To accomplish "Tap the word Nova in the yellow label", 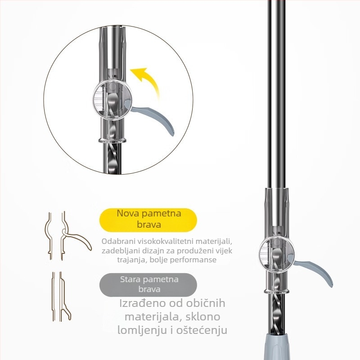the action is [127, 213].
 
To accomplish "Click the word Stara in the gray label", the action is [130, 279].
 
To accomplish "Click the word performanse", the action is [194, 260].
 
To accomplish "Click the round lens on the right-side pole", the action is [276, 252].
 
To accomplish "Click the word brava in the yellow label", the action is [149, 224].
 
